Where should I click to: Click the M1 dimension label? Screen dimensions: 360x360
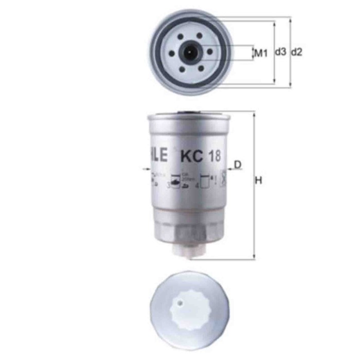(x=262, y=52)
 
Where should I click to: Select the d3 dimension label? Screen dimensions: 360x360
(x=280, y=52)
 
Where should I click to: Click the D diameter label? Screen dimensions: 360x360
(x=238, y=165)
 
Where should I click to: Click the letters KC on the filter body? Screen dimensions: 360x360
(x=189, y=155)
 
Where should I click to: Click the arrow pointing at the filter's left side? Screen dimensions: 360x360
(x=144, y=168)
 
